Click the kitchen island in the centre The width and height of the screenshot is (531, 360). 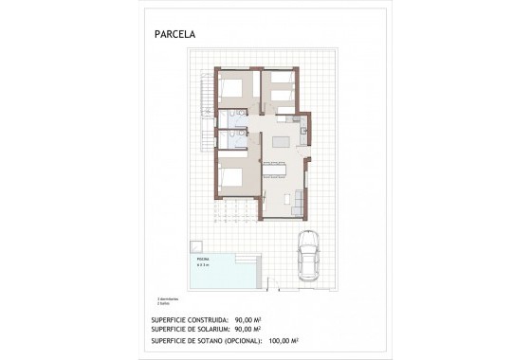pyautogui.click(x=282, y=142)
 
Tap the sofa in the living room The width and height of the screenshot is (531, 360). pyautogui.click(x=302, y=201)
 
